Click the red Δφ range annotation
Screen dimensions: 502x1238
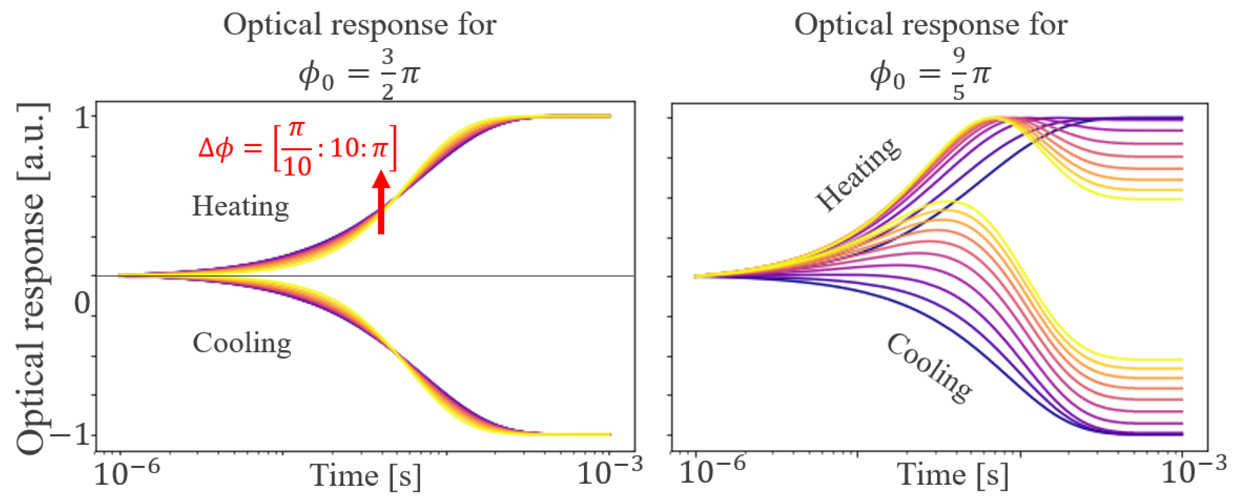point(298,148)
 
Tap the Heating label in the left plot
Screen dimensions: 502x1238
point(240,206)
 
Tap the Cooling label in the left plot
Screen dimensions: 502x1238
point(242,343)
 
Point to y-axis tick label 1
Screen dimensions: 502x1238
point(82,117)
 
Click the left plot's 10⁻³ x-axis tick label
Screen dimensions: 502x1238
point(609,472)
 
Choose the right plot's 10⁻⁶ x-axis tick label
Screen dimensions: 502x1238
point(712,472)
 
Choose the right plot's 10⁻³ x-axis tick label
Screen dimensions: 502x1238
point(1194,472)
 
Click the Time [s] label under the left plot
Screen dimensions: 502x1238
point(365,476)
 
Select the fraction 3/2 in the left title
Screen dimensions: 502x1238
point(388,73)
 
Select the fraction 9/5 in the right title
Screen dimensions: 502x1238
point(959,73)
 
